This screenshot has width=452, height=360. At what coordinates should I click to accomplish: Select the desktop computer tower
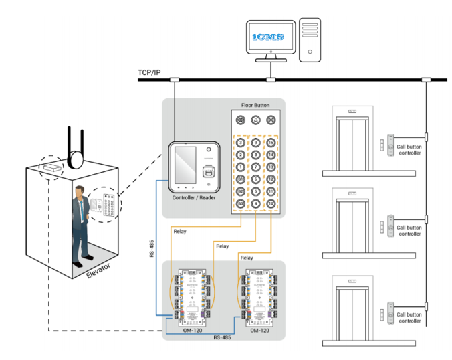tap(310, 39)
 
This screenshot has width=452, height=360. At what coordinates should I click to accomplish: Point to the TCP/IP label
tap(150, 71)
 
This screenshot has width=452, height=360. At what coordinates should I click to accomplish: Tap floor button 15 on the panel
tap(271, 142)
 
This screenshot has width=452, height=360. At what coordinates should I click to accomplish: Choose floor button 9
tap(255, 142)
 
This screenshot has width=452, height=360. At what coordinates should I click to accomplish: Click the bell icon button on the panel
tap(255, 121)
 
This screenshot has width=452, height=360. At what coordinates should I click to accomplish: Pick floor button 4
tap(255, 203)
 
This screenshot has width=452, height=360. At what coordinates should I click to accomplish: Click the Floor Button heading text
tap(256, 106)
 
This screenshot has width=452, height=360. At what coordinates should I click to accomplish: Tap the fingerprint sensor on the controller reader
tap(208, 167)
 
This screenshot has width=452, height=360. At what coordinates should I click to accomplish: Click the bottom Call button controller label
tap(409, 317)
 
